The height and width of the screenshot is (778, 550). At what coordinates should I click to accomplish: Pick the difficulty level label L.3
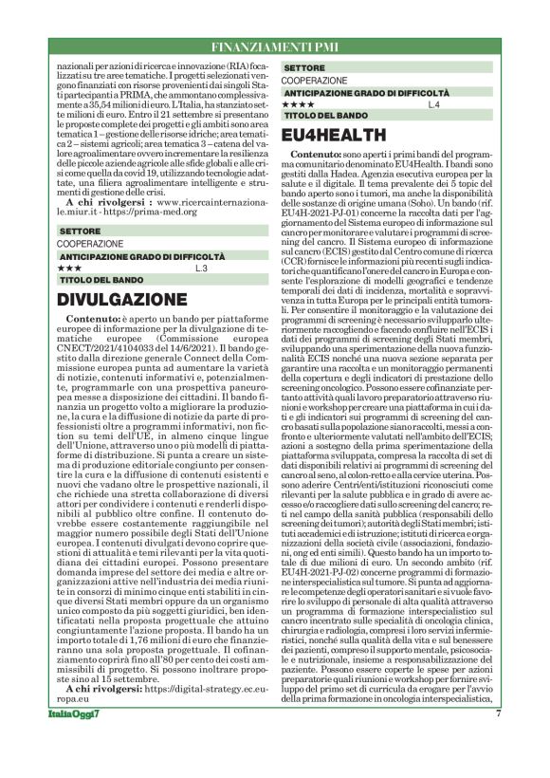(x=200, y=269)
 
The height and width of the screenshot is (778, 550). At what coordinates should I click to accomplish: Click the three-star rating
(x=73, y=269)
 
